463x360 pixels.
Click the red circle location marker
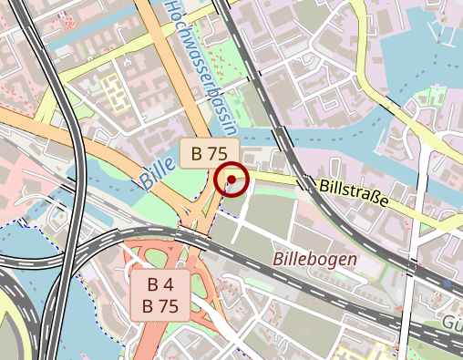point(232,180)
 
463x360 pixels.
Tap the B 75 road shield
point(209,152)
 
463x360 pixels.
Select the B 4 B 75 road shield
point(160,293)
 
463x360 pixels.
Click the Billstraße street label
point(355,192)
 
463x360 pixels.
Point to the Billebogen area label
point(314,259)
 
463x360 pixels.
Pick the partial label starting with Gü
point(452,324)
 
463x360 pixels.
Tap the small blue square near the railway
point(448,284)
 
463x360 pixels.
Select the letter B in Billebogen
point(279,260)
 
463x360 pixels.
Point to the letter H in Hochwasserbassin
point(170,9)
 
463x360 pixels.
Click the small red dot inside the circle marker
point(232,180)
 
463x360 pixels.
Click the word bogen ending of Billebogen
point(334,260)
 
